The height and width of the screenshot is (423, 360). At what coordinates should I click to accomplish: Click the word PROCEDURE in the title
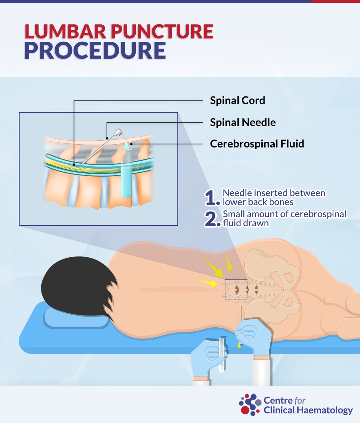tap(95, 50)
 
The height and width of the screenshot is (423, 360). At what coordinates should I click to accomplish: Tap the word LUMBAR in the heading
tap(65, 32)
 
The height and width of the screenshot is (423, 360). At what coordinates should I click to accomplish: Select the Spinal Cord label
tap(237, 100)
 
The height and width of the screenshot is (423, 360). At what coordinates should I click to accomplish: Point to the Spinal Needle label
tap(243, 122)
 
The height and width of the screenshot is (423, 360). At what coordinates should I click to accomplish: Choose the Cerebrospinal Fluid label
tap(257, 144)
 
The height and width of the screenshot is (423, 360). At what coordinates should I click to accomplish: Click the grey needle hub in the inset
tap(118, 132)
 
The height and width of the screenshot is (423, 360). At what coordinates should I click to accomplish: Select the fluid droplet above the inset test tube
tap(126, 145)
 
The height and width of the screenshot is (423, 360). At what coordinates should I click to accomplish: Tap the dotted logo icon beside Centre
tap(250, 404)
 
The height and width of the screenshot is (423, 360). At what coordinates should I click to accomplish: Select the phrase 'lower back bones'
tap(258, 202)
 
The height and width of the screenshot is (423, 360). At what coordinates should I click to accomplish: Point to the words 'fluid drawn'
tap(246, 223)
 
